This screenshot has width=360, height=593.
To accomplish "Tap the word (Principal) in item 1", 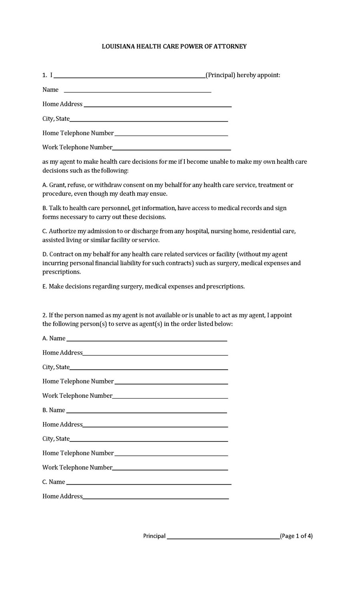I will (220, 75).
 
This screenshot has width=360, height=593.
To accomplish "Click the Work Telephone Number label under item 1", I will (77, 147).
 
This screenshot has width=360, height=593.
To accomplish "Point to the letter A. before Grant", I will (45, 185).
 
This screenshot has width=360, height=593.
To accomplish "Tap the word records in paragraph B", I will (251, 208).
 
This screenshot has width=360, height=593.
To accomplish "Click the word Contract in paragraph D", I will (62, 254).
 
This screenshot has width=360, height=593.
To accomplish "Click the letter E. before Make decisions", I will (45, 286).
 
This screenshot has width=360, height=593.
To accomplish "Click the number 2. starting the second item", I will (45, 315).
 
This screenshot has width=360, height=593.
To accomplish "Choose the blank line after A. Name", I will (146, 340).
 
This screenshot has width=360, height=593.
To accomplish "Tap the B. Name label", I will (54, 410).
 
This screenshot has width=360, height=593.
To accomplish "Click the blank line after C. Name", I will (148, 484).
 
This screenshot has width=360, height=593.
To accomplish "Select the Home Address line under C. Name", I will (156, 498).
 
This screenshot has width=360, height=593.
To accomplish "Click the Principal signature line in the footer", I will (223, 539).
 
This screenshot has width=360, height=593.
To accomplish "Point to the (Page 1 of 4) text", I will (296, 536).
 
